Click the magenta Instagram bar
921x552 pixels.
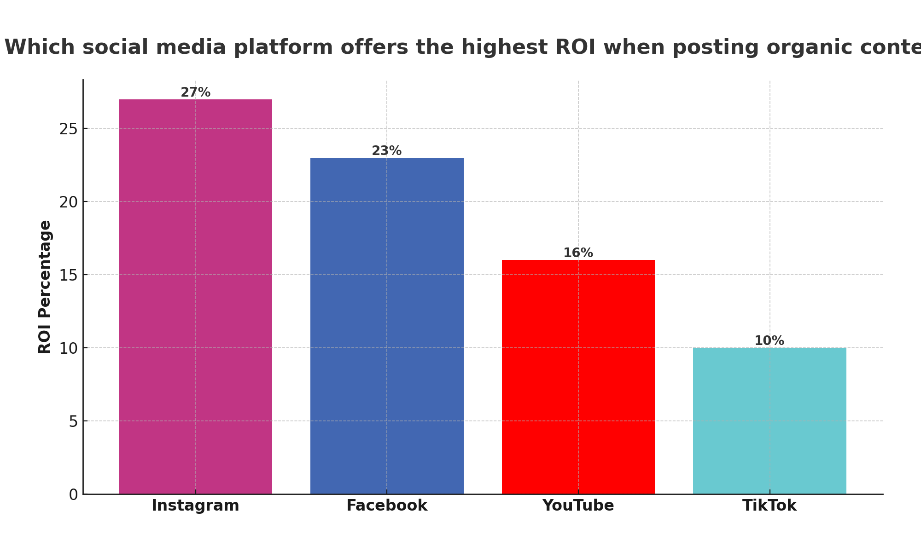pos(196,297)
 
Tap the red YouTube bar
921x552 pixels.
pos(578,377)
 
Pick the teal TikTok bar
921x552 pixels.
pos(769,420)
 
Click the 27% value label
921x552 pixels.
pos(196,92)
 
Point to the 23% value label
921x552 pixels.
pos(387,151)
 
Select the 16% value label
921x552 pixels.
pos(578,253)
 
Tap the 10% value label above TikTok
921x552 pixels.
pos(769,341)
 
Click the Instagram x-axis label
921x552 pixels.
pos(196,506)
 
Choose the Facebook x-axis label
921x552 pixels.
pos(387,506)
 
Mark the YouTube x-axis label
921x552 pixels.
pos(578,506)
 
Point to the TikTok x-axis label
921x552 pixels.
pos(769,506)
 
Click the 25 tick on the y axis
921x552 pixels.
pos(68,129)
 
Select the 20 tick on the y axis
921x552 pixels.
pos(68,202)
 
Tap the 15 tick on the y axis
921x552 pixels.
pos(68,275)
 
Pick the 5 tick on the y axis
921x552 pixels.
pos(73,421)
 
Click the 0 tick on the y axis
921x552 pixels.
pos(73,494)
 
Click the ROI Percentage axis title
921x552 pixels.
pos(45,287)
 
